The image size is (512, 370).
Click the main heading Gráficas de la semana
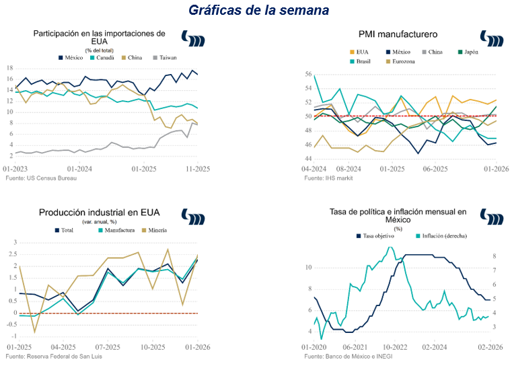pos(258,10)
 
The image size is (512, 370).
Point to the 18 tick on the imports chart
pos(9,69)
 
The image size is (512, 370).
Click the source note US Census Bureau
pos(40,178)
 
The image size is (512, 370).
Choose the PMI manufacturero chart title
pos(397,34)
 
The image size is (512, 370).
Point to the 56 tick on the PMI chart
pos(308,74)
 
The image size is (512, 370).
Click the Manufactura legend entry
pos(114,230)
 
